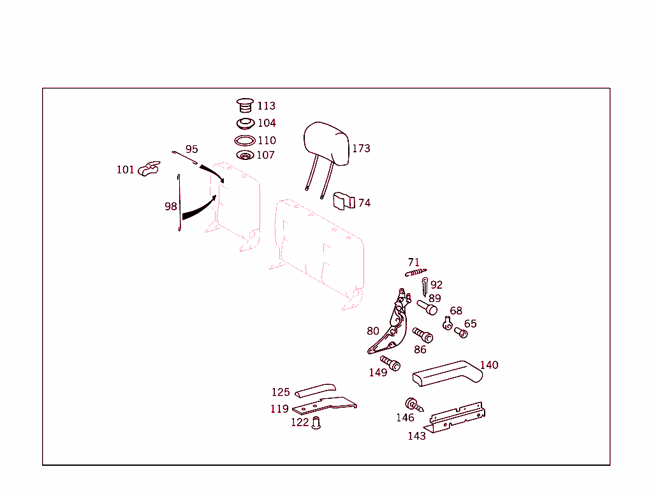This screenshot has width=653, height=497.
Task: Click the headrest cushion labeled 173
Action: coord(326,143)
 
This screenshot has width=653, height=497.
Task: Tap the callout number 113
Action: coord(267,106)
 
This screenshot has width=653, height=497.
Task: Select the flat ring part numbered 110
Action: coord(244,141)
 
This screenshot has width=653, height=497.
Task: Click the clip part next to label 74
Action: coord(344,201)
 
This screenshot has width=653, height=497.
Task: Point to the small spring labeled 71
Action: coord(415,272)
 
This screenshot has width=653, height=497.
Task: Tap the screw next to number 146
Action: coord(414,405)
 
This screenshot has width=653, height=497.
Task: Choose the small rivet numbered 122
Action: coord(316,422)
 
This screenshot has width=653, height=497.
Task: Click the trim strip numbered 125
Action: coord(315,390)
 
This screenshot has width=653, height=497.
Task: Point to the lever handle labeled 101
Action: coord(147,169)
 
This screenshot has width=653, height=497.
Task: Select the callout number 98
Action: coord(171,206)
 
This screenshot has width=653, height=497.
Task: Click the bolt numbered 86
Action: coord(422,335)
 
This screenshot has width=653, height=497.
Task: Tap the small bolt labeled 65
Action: coord(461,332)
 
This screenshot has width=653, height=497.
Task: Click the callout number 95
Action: coord(191,149)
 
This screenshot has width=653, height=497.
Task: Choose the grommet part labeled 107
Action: coord(244,155)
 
